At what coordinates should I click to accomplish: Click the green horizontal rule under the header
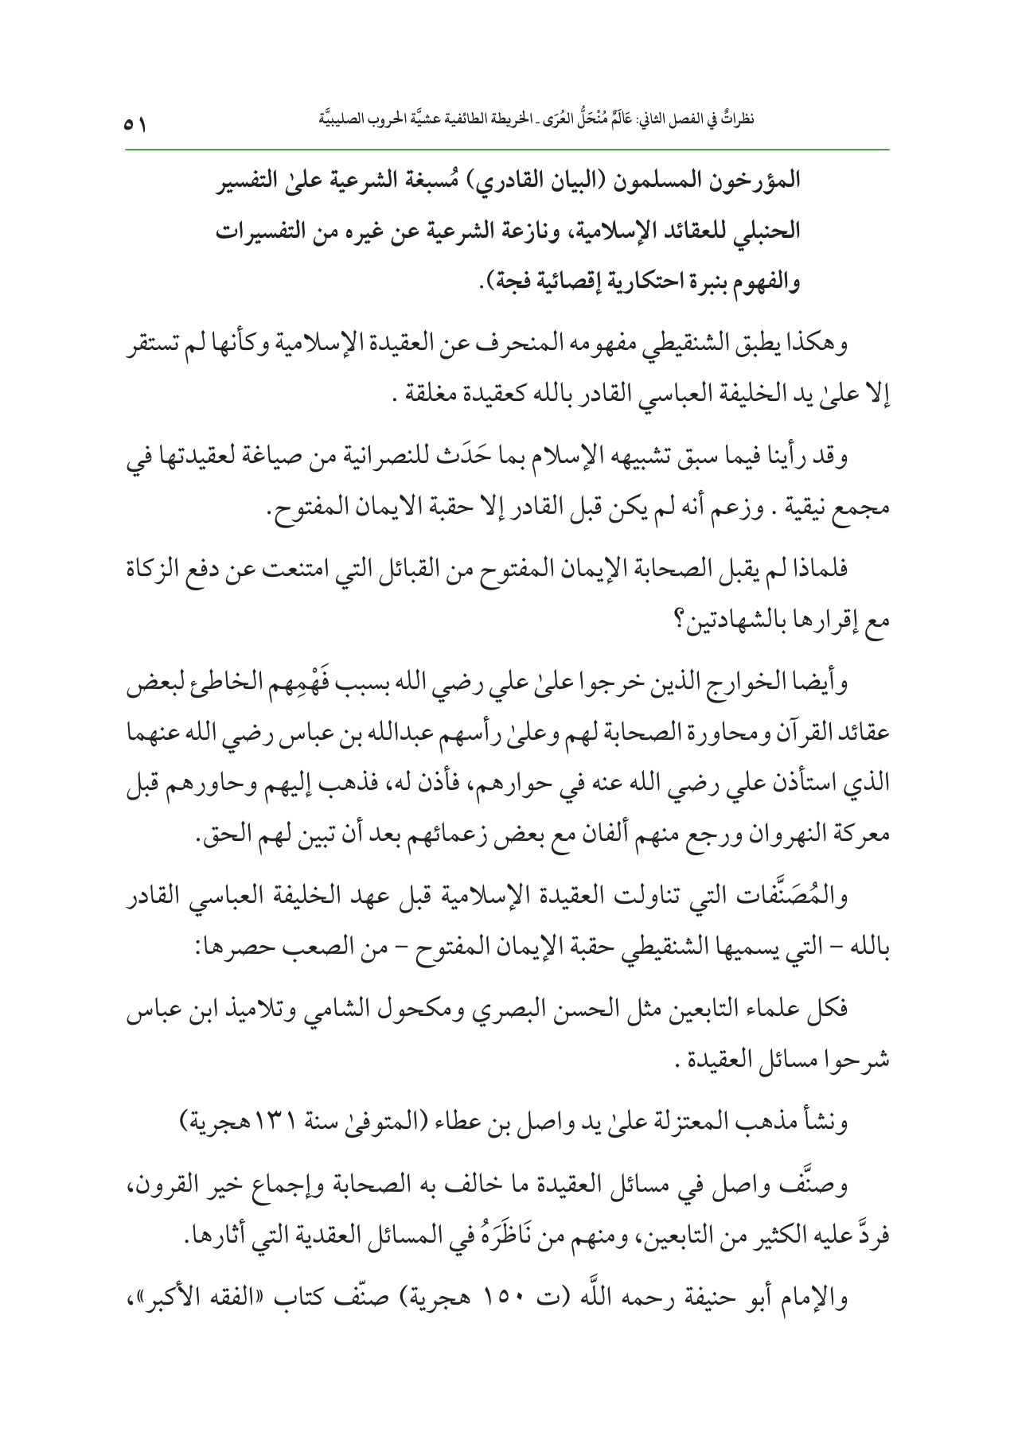tap(506, 149)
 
